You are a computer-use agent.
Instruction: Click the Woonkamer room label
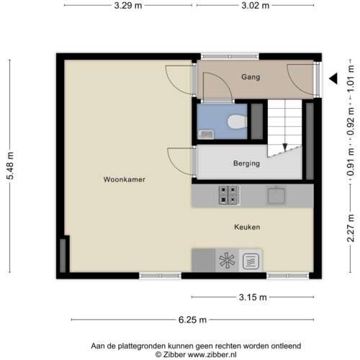pyautogui.click(x=120, y=179)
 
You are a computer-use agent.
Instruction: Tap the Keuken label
pyautogui.click(x=246, y=227)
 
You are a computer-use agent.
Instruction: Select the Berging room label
pyautogui.click(x=246, y=163)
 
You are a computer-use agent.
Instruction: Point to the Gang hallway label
pyautogui.click(x=251, y=77)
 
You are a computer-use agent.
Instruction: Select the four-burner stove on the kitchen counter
pyautogui.click(x=229, y=194)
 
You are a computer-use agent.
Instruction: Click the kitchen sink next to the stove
pyautogui.click(x=276, y=194)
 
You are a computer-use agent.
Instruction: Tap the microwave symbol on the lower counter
pyautogui.click(x=251, y=260)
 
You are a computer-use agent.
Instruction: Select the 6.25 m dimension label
pyautogui.click(x=193, y=320)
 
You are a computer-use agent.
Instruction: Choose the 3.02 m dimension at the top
pyautogui.click(x=255, y=6)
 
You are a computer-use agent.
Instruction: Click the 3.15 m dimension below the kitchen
pyautogui.click(x=252, y=297)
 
